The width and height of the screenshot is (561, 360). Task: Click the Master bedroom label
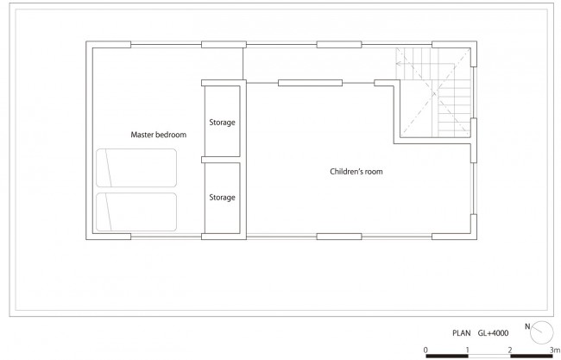(x=159, y=135)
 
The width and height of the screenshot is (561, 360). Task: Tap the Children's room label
(x=356, y=172)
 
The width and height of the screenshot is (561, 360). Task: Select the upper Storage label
(x=222, y=123)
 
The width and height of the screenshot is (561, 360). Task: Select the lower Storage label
(x=222, y=198)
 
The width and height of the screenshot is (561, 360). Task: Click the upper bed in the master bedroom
(x=136, y=167)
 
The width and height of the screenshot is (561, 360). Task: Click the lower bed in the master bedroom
(x=136, y=212)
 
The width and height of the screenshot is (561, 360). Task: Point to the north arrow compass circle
(x=542, y=332)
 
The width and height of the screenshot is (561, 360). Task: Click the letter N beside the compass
(x=527, y=326)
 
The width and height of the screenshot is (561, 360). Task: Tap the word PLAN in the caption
(x=462, y=333)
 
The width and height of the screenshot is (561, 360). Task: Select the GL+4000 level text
(x=493, y=333)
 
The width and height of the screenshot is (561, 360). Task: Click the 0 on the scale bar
(x=425, y=350)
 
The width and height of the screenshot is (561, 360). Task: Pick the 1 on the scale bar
(x=468, y=350)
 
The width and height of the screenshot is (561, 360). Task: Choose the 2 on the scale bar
(x=510, y=350)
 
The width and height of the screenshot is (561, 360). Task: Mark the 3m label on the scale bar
(x=555, y=350)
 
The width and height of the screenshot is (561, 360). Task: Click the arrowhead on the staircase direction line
(x=398, y=64)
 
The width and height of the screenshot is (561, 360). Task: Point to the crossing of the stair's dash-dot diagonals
(x=434, y=94)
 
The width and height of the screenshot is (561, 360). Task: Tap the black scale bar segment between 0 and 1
(x=447, y=357)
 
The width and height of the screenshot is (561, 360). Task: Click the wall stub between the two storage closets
(x=220, y=160)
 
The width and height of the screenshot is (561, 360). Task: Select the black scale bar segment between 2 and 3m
(x=532, y=357)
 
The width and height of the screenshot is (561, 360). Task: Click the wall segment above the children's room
(x=310, y=83)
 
